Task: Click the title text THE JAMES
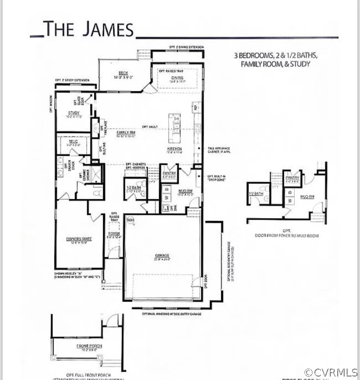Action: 88,29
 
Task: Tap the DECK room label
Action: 123,73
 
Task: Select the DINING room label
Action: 177,78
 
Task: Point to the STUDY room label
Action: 74,113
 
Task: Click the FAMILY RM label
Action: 126,133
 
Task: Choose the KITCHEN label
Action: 174,148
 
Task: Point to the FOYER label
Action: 114,234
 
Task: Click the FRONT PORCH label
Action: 89,346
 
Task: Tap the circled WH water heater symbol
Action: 131,220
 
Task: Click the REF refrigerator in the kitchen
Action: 196,107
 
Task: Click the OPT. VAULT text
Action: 149,127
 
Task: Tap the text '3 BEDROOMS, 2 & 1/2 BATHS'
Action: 275,56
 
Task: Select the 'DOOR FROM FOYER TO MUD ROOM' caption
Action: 287,236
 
